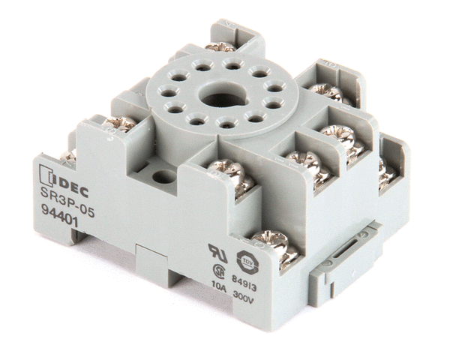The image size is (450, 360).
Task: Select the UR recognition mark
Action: [x=217, y=252]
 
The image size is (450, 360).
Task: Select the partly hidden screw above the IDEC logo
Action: [x=68, y=156]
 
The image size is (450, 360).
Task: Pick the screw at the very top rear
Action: [x=220, y=47]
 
